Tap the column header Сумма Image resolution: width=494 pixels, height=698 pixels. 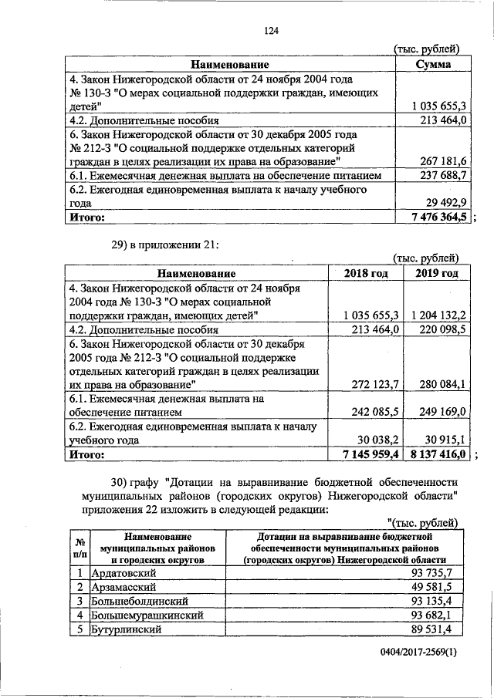(x=433, y=65)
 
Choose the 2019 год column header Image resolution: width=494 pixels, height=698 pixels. (x=437, y=274)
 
